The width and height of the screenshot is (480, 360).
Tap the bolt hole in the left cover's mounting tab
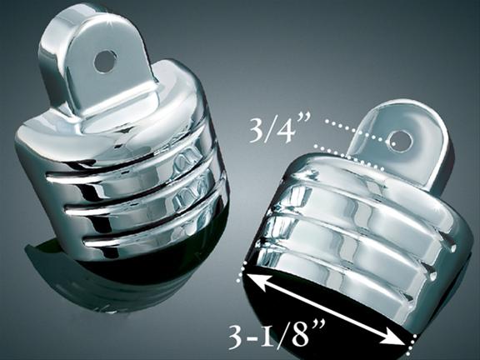click(105, 61)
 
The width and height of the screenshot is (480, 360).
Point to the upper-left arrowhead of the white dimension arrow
click(257, 282)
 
